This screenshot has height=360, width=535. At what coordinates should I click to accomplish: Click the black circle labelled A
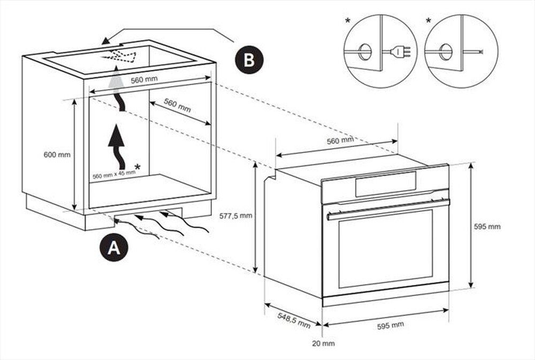pos(113,248)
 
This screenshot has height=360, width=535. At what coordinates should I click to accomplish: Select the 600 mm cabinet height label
pos(57,155)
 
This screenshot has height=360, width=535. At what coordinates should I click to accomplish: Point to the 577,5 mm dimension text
pos(236,217)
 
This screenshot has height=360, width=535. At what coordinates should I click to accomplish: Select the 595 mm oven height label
pos(487,226)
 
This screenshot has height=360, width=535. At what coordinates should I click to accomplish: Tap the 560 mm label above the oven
pos(340,141)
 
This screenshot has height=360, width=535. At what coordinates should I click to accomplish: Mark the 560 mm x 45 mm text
pos(113,174)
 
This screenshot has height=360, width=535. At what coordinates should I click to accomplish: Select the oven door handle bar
pos(388,209)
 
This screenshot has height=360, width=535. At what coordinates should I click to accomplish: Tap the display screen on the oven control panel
pos(385,183)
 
